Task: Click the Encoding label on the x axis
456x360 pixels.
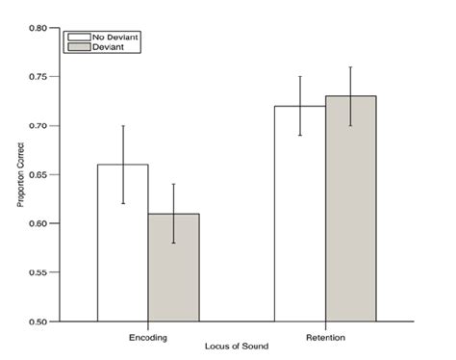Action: pyautogui.click(x=149, y=337)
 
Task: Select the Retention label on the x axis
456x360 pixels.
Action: pyautogui.click(x=325, y=337)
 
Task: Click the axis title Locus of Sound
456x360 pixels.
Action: pyautogui.click(x=236, y=345)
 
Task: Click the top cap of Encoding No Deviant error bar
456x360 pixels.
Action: pyautogui.click(x=123, y=125)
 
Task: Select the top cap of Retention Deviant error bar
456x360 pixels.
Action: pyautogui.click(x=350, y=67)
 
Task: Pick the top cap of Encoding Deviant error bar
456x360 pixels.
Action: pyautogui.click(x=174, y=184)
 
